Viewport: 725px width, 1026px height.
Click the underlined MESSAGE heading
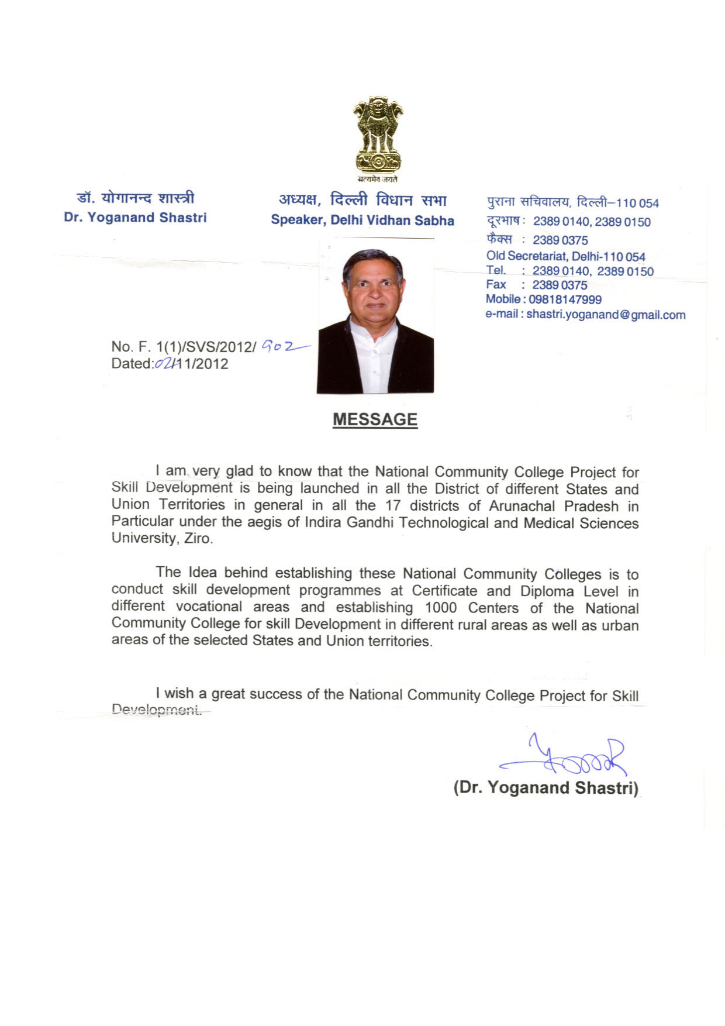pyautogui.click(x=375, y=419)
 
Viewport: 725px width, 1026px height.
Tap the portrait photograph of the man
pyautogui.click(x=375, y=316)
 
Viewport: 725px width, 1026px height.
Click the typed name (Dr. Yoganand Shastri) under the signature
pyautogui.click(x=546, y=787)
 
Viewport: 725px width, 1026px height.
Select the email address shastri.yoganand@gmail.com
pyautogui.click(x=606, y=315)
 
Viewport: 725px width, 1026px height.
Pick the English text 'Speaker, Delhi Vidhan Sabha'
pyautogui.click(x=362, y=221)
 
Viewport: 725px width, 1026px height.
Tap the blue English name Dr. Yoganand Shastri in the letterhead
pyautogui.click(x=135, y=218)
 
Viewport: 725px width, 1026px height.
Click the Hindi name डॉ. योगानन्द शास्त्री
pyautogui.click(x=136, y=199)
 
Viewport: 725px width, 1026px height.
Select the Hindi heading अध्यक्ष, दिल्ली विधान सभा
pyautogui.click(x=362, y=201)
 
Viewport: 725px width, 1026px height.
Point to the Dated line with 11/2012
pyautogui.click(x=170, y=364)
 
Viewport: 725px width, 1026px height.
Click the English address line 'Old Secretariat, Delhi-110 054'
pyautogui.click(x=565, y=256)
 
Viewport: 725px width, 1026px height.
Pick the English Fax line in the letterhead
pyautogui.click(x=537, y=285)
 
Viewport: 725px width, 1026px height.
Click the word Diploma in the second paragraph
pyautogui.click(x=547, y=591)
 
